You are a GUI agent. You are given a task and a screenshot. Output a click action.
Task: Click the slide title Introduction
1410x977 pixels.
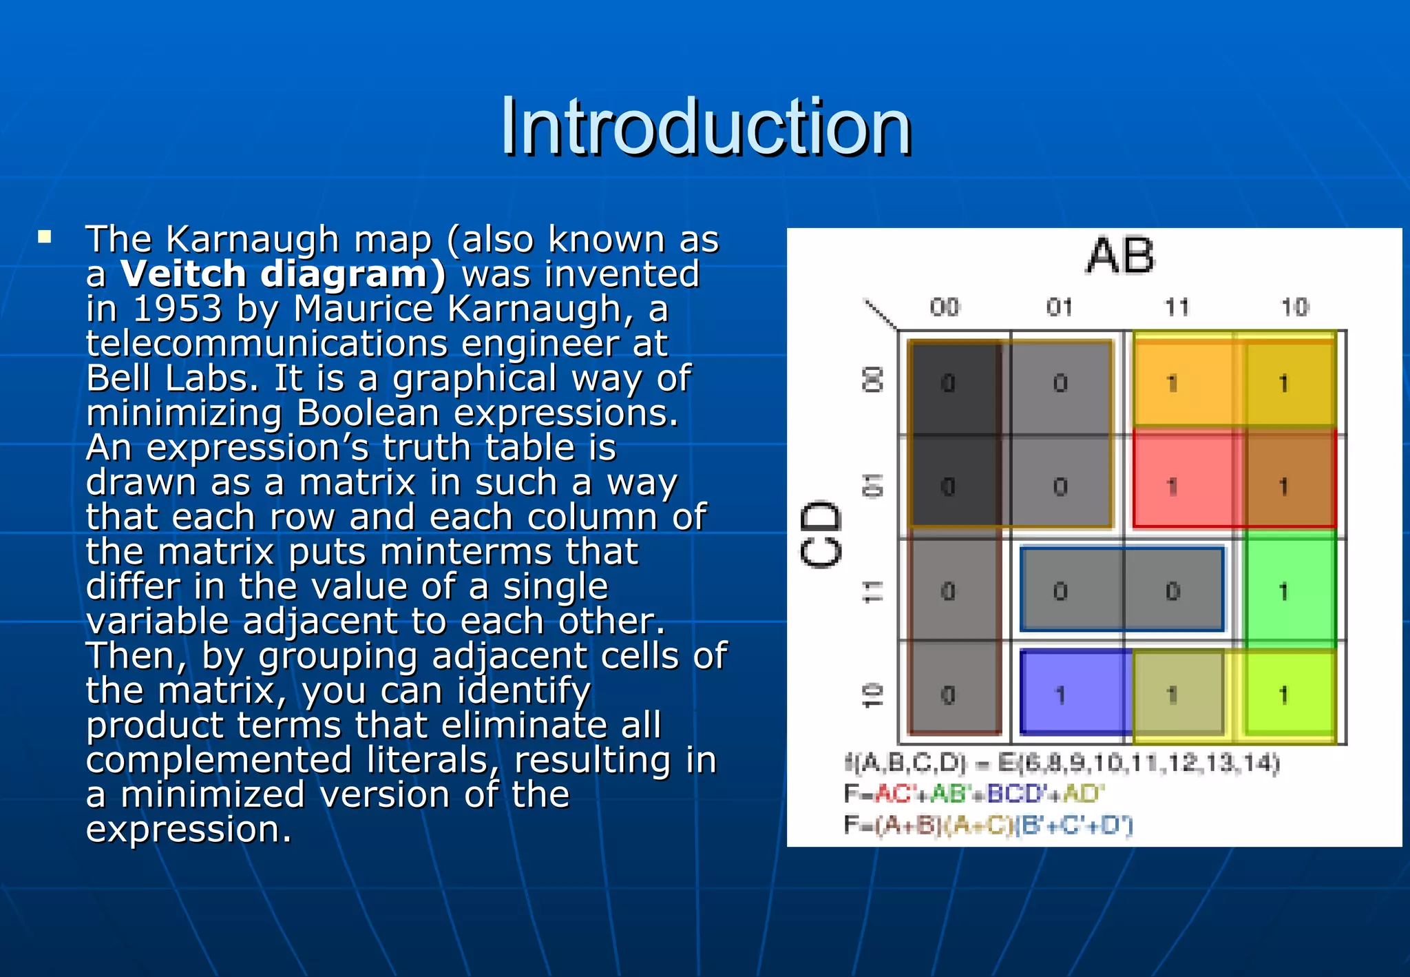[706, 127]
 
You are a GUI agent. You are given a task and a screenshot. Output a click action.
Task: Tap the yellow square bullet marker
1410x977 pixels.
[45, 238]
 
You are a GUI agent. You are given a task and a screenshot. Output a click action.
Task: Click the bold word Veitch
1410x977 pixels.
[183, 274]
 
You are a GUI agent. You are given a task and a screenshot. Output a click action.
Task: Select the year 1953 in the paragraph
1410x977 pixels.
[177, 309]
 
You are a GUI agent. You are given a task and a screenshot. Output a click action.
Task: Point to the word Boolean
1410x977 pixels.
[368, 413]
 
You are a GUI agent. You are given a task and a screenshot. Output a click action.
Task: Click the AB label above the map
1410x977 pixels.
[1120, 256]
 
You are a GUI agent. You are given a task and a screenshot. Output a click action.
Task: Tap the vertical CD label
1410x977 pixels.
[821, 535]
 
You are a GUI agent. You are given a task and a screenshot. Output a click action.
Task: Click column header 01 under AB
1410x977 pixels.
[1060, 307]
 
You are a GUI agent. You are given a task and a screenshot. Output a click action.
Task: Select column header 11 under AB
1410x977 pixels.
[1177, 307]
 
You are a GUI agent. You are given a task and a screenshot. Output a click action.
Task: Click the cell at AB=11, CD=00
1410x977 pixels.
[1177, 383]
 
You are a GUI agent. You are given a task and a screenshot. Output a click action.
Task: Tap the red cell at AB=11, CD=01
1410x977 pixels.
[1177, 486]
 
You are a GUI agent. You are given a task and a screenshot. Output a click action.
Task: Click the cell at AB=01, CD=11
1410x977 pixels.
[1066, 591]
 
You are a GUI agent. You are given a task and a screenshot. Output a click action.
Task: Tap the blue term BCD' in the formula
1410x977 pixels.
[1016, 794]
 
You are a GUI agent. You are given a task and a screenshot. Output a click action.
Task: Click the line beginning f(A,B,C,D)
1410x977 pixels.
[1061, 763]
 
